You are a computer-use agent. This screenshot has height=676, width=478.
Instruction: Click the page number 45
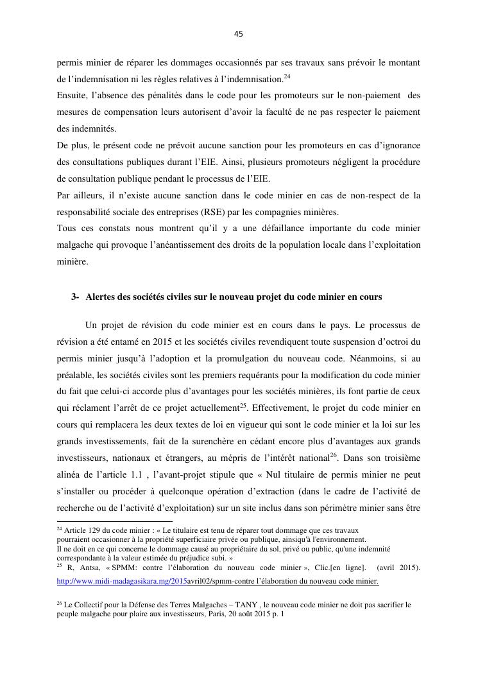click(x=239, y=34)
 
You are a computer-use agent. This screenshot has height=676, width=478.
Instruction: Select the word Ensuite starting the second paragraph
click(x=74, y=96)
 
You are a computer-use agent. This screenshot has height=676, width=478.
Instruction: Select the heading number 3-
click(x=75, y=297)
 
